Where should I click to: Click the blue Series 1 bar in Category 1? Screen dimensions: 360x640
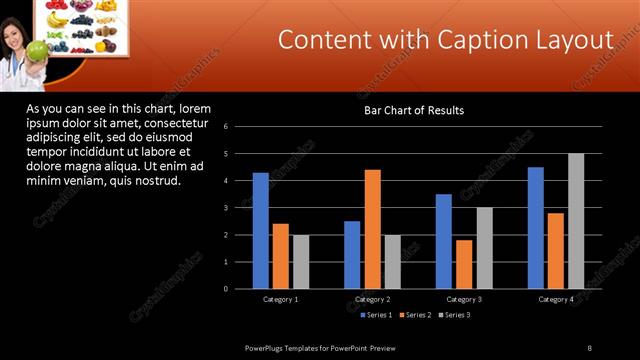coord(260,231)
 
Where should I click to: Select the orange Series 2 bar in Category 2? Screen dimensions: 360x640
coord(372,229)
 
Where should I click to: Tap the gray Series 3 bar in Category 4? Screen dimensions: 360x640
coord(576,221)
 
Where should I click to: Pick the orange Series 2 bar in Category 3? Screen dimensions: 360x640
coord(464,264)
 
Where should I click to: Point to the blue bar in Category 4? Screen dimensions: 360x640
coord(536,228)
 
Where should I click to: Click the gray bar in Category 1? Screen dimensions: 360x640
coord(301,262)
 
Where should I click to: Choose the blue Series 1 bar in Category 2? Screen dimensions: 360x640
coord(352,255)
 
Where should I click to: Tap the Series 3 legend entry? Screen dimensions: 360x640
coord(454,315)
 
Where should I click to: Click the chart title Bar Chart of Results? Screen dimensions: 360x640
coord(413,110)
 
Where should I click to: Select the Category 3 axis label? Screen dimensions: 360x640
coord(464,299)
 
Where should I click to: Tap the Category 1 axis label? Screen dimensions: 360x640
coord(280,299)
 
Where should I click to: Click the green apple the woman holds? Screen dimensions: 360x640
coord(37,50)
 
